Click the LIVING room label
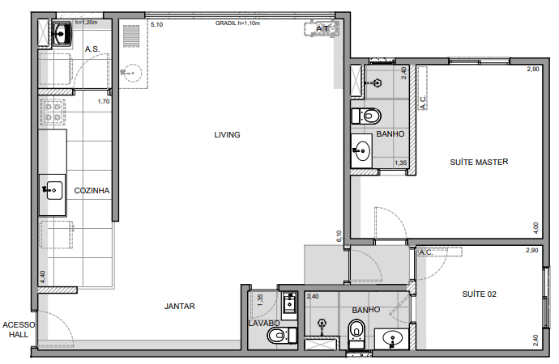click(x=227, y=135)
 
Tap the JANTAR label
click(x=179, y=307)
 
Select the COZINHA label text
click(x=92, y=191)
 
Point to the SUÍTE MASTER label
click(x=478, y=163)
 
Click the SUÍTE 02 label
click(x=479, y=294)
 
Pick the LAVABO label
click(x=264, y=323)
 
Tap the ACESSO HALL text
click(x=18, y=329)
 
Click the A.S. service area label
click(x=92, y=49)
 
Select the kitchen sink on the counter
click(x=53, y=191)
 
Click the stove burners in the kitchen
click(x=53, y=112)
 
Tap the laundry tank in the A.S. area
click(x=61, y=34)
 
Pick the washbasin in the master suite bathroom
click(x=362, y=150)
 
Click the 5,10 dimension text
click(x=157, y=25)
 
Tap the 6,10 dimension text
click(x=339, y=235)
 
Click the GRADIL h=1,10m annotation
click(x=237, y=24)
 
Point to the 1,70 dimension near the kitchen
click(x=103, y=102)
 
